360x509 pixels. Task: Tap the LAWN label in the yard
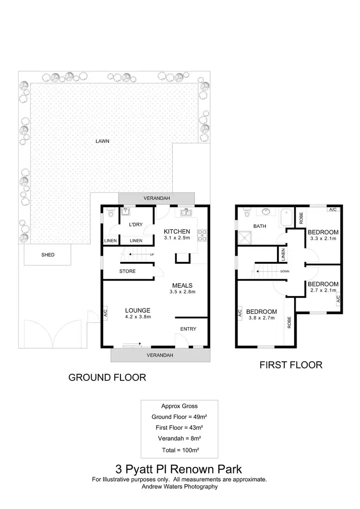pos(102,141)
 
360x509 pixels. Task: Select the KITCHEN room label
pos(177,232)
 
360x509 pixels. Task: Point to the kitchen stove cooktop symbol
pos(203,235)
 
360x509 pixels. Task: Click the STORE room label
pos(127,271)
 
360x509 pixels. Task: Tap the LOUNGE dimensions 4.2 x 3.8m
pos(138,317)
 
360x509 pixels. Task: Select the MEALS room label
pos(182,285)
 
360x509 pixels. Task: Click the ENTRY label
pos(188,329)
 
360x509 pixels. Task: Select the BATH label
pos(260,225)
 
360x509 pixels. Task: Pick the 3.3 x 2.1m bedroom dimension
pos(324,238)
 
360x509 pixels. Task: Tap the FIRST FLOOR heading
pos(290,365)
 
